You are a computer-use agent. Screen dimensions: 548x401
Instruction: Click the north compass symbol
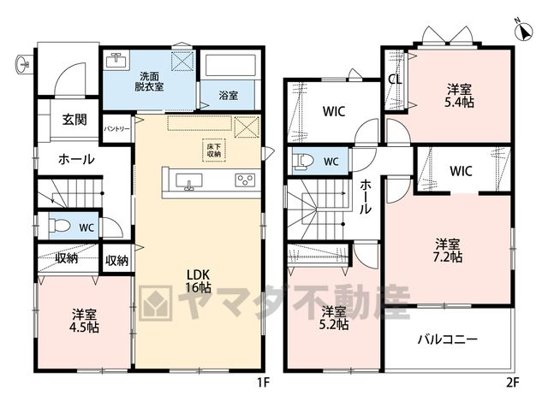pos(524,30)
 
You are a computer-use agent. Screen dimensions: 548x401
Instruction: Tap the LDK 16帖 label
pos(198,280)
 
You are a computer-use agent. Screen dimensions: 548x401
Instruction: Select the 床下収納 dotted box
pos(214,150)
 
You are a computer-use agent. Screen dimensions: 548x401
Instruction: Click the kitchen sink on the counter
pos(188,182)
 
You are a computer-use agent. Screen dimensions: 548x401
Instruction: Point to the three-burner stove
pos(245,180)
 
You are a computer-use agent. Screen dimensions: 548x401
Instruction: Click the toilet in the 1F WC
pos(59,226)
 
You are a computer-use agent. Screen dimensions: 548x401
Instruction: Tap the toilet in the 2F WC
pos(303,162)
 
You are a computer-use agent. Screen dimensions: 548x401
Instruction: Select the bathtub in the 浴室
pos(230,65)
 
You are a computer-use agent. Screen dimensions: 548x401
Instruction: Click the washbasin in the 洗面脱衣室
pos(116,61)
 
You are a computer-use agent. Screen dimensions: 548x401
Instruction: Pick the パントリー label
pos(116,129)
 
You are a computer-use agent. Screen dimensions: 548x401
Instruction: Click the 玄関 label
pos(74,120)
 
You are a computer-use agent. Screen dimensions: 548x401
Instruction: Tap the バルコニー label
pos(448,339)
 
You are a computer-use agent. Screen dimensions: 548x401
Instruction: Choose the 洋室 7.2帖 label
pos(448,251)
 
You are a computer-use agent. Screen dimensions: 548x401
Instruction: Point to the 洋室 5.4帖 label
pos(459,96)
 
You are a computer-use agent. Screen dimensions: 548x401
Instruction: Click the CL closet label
pos(396,80)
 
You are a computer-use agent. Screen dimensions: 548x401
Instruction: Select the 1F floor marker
pos(264,382)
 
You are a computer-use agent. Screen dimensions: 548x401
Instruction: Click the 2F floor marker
pos(513,382)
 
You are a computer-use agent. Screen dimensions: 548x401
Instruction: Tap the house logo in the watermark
pos(156,303)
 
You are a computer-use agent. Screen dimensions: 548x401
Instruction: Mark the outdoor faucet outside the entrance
pos(23,64)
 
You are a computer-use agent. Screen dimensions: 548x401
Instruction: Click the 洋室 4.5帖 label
pos(84,321)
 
